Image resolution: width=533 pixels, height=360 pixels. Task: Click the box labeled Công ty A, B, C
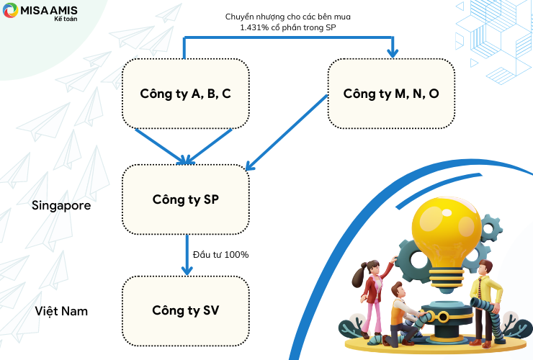pos(186,94)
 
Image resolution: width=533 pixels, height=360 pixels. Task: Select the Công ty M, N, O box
pos(391,94)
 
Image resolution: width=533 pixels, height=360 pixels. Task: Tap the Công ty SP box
pos(186,199)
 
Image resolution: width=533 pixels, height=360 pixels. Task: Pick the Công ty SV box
pos(186,311)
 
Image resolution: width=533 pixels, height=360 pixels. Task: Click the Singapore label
pos(61,206)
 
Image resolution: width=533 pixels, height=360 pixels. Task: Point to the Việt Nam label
pos(61,311)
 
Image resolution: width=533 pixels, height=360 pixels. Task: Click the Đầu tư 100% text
pos(220,255)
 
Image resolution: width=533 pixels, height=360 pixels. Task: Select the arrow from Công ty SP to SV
pos(187,255)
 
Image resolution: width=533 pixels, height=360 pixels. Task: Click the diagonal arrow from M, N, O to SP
pos(286,132)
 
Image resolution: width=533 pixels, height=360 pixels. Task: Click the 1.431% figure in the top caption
pos(254,27)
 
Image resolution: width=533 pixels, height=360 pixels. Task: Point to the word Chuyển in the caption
pos(237,17)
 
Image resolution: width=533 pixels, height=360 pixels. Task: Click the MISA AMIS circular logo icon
pos(10,10)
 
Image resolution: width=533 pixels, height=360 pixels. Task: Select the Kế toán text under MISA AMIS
pos(66,19)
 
